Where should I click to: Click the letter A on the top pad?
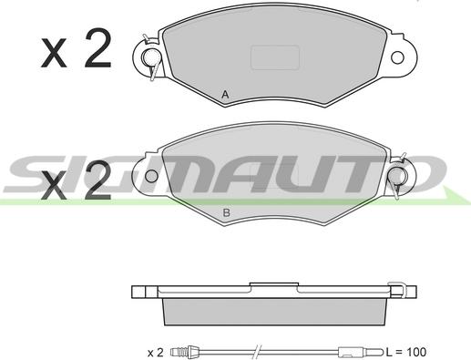225,95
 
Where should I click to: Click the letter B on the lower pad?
226,212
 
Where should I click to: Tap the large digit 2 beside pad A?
97,48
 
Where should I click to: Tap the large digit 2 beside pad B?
97,180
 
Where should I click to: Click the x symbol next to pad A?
54,53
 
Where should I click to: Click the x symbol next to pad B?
54,185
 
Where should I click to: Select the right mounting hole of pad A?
397,57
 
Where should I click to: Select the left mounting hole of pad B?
151,176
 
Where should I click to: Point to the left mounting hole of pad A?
150,57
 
